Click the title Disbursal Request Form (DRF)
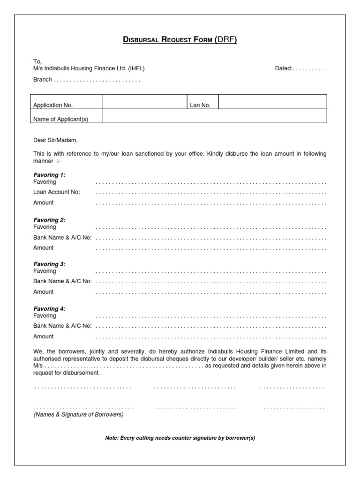[x=180, y=40]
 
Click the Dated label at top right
[x=284, y=68]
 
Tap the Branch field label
[x=43, y=80]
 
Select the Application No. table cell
[x=53, y=105]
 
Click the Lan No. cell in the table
[x=200, y=105]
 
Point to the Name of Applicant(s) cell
[x=60, y=120]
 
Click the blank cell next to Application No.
[x=144, y=102]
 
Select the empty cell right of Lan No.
[x=272, y=102]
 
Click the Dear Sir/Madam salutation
[x=55, y=140]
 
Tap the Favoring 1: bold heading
[x=49, y=175]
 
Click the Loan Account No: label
[x=57, y=192]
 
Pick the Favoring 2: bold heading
[x=49, y=220]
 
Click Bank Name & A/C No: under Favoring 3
[x=62, y=281]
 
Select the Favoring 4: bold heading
[x=49, y=309]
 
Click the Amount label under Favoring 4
[x=43, y=336]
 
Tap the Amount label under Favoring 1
[x=43, y=202]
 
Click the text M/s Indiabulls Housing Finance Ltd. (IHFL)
[x=89, y=68]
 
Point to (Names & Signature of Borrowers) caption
[x=78, y=415]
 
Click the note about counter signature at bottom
[x=180, y=438]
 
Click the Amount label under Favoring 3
[x=43, y=292]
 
